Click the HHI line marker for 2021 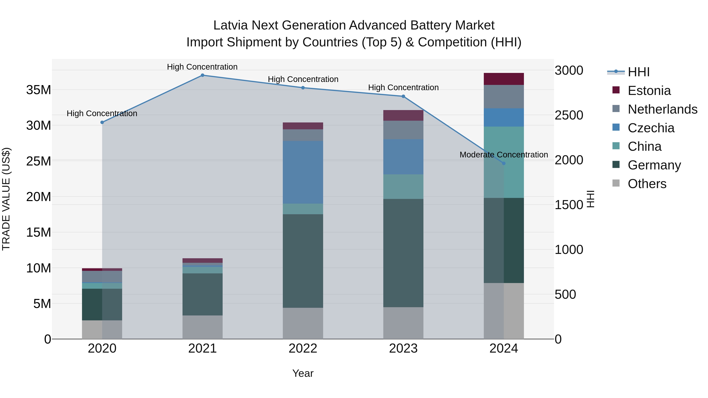tap(202, 75)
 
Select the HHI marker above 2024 tap(503, 163)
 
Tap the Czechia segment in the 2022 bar tap(303, 172)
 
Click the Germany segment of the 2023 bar tap(403, 253)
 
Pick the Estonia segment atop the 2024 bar tap(503, 79)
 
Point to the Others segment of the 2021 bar tap(202, 327)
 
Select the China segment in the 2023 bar tap(403, 187)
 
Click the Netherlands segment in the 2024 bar tap(503, 97)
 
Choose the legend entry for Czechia tap(651, 128)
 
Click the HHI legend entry tap(638, 72)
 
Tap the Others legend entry tap(647, 184)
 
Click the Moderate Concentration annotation tap(503, 155)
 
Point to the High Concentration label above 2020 tap(102, 113)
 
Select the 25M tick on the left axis tap(39, 161)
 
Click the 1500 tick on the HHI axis tap(569, 205)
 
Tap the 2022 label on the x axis tap(303, 348)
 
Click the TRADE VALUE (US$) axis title tap(6, 199)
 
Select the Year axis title tap(303, 373)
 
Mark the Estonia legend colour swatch tap(616, 90)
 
